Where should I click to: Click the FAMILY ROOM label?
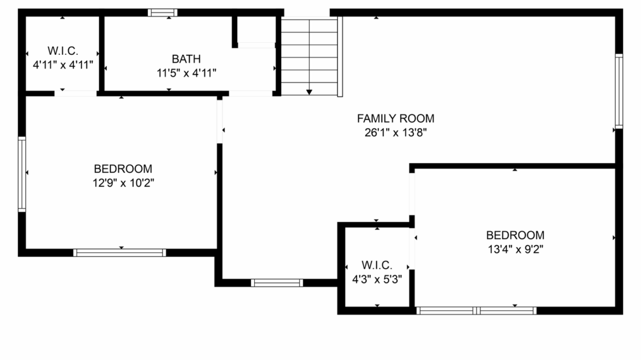[x=395, y=118]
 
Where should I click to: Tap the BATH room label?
[x=187, y=58]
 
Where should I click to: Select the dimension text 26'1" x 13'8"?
[x=395, y=133]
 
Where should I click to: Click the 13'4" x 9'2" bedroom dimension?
[x=515, y=249]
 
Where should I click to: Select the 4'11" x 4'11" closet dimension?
[x=63, y=64]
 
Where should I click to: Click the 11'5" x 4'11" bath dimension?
[x=187, y=72]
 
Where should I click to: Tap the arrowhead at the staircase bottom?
[x=310, y=91]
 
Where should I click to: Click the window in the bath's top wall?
[x=162, y=12]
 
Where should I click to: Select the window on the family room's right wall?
[x=618, y=91]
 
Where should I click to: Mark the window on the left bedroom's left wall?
[x=22, y=174]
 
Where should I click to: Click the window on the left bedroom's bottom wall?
[x=120, y=253]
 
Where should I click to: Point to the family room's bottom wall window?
[x=277, y=283]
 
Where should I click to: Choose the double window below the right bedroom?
[x=476, y=310]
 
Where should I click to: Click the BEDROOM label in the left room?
[x=123, y=169]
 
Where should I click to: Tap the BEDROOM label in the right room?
[x=515, y=235]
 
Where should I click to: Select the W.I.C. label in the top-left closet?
[x=63, y=50]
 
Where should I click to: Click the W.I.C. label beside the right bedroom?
[x=377, y=265]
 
